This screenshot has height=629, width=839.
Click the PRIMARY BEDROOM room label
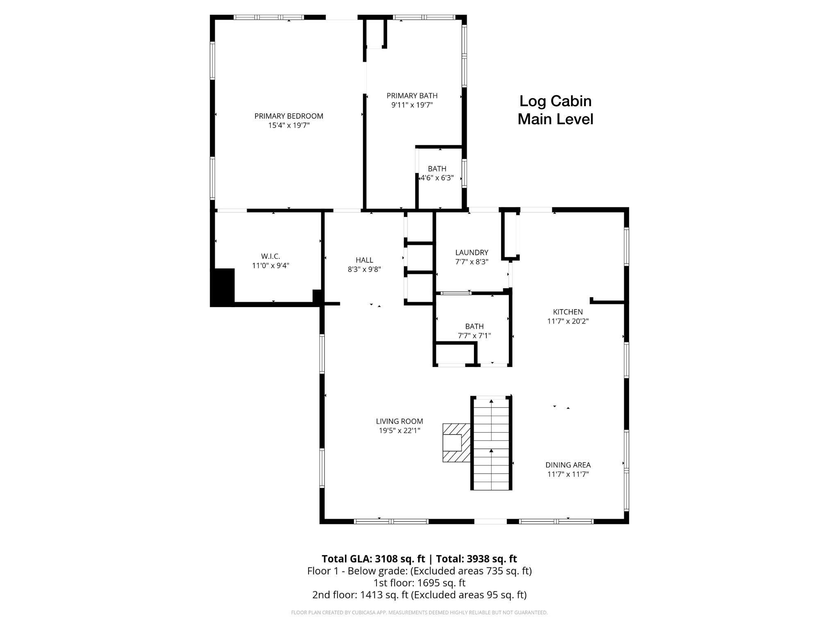(x=288, y=116)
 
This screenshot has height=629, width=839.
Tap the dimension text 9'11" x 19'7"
(x=412, y=105)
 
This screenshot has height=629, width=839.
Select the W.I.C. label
(x=270, y=256)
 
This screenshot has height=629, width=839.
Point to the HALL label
(x=364, y=260)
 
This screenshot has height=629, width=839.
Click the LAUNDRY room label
(x=472, y=253)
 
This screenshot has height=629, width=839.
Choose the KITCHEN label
(x=567, y=312)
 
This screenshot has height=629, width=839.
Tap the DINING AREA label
(x=568, y=465)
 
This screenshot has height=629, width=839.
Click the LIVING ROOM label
(x=399, y=421)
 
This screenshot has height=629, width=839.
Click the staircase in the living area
(x=491, y=443)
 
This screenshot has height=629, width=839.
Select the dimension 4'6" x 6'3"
(x=437, y=178)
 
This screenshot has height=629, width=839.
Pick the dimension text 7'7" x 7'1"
(x=474, y=336)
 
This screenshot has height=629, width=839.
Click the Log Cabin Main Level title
(x=555, y=110)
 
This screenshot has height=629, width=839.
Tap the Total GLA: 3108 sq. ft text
(x=373, y=559)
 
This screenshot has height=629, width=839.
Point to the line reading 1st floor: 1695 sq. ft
(x=419, y=583)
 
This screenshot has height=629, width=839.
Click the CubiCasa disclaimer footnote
(x=419, y=613)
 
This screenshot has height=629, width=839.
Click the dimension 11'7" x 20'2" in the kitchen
(x=567, y=321)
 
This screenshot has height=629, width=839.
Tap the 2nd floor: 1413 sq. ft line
(x=419, y=595)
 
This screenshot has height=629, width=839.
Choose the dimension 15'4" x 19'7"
(x=288, y=125)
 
